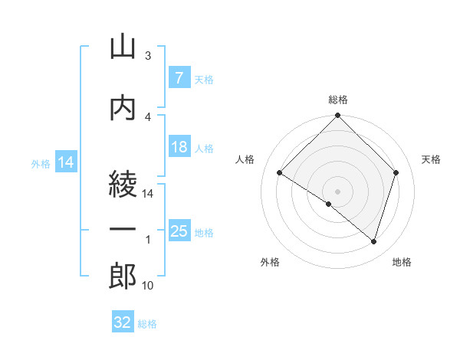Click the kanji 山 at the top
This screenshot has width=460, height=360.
(123, 47)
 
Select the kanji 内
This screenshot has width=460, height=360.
(123, 109)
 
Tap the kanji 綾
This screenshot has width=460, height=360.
(123, 184)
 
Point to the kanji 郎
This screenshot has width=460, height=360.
(123, 276)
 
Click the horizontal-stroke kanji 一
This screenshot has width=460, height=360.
(123, 229)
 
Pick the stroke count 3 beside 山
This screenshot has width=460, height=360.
(148, 55)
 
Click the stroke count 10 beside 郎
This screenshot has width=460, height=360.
(147, 285)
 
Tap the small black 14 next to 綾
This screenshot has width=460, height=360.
(147, 194)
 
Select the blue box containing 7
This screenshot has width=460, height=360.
(179, 77)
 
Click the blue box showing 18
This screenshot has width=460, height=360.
(179, 146)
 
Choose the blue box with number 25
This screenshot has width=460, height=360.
(179, 230)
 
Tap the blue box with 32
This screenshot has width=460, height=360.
(123, 321)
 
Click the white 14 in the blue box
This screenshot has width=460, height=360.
(66, 162)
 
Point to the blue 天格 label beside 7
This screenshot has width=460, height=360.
(204, 80)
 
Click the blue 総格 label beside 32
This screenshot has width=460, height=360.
(147, 324)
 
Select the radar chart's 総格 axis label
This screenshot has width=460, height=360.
(338, 100)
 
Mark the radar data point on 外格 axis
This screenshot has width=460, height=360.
(329, 204)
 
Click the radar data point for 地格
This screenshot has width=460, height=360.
(373, 242)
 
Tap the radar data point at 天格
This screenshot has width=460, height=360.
(396, 172)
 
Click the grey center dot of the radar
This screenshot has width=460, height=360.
(337, 191)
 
